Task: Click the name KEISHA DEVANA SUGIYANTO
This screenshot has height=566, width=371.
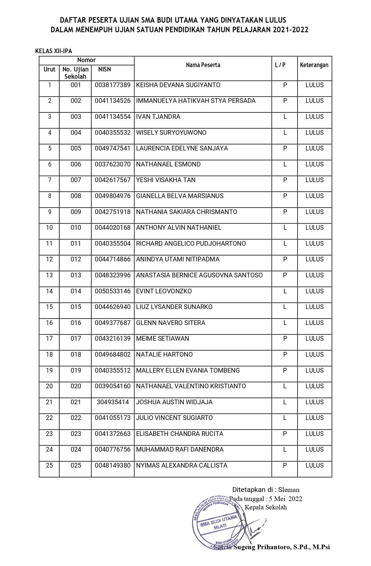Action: click(178, 85)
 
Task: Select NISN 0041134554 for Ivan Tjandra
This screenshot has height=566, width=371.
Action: click(113, 117)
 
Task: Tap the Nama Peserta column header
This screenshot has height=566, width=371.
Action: click(203, 65)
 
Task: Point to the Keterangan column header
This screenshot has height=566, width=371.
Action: click(314, 65)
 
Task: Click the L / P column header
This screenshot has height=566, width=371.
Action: click(280, 65)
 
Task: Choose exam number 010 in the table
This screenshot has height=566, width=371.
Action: click(76, 228)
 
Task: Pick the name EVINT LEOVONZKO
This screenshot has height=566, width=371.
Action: click(164, 291)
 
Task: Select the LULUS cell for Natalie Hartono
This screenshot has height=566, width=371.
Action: click(314, 355)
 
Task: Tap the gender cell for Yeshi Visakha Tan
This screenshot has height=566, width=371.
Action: click(285, 180)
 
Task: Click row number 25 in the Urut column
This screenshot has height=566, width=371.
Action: click(49, 466)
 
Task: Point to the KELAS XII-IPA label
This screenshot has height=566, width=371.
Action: click(53, 51)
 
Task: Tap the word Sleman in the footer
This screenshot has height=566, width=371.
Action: click(289, 490)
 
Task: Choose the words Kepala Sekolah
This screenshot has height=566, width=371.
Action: click(266, 507)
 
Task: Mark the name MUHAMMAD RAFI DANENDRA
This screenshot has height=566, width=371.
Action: click(180, 450)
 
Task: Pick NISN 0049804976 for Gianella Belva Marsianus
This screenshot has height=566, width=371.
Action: click(113, 196)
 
